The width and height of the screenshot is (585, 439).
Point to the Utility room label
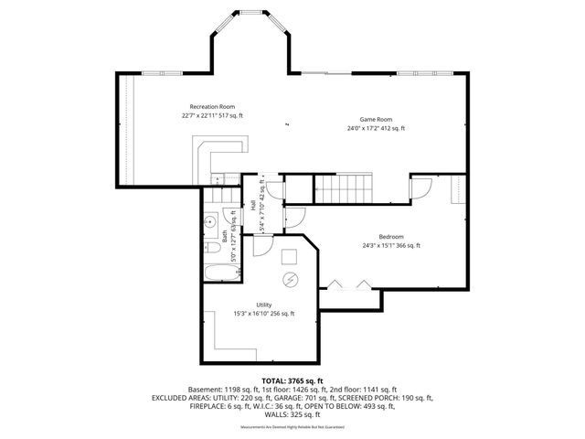[x=263, y=305]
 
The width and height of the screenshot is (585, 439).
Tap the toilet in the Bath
[x=209, y=220]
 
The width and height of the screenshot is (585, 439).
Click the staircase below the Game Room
[x=340, y=189]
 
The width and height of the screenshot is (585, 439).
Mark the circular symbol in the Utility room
[x=290, y=280]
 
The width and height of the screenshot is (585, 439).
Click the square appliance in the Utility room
[x=290, y=254]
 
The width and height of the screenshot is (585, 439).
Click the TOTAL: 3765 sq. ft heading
[x=292, y=380]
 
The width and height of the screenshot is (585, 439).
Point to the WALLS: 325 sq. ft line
[x=292, y=414]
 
